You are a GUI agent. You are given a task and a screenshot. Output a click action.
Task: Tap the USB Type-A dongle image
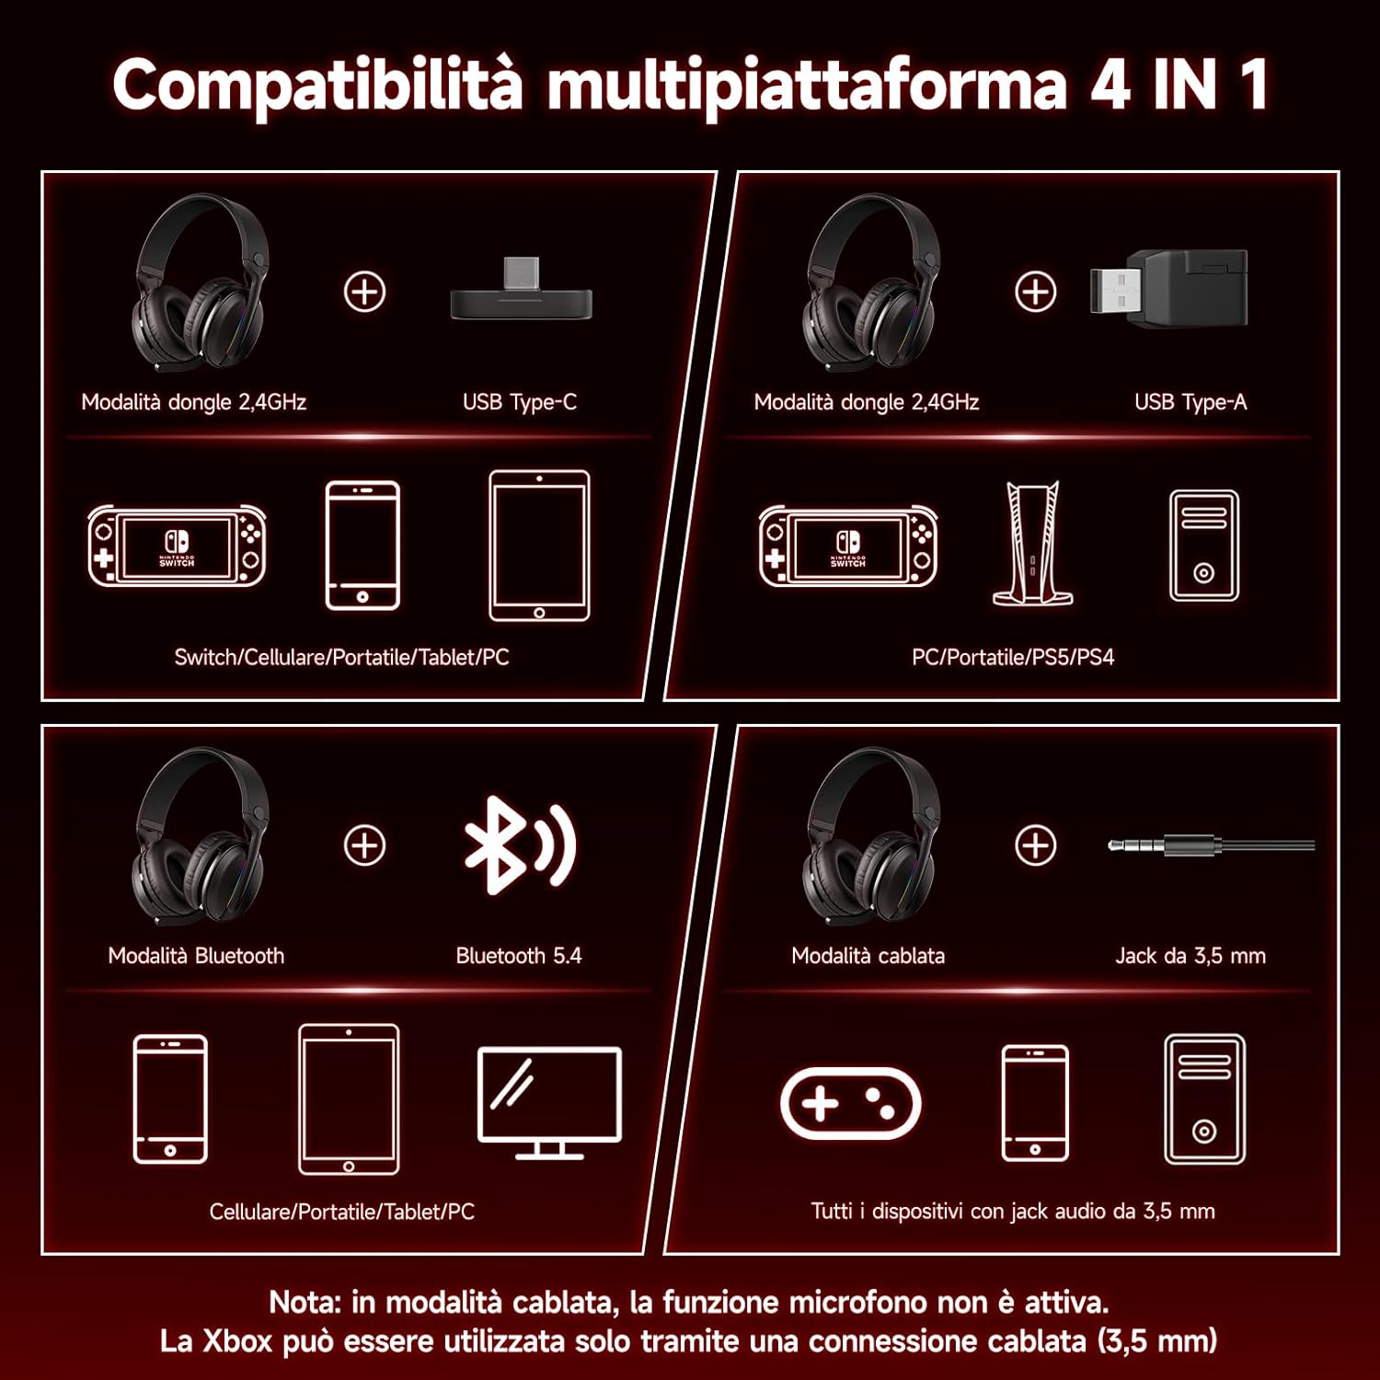coord(1168,286)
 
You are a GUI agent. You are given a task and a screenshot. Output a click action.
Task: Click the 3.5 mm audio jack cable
coord(1212,845)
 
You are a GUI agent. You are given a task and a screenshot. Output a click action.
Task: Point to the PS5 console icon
coord(1032,544)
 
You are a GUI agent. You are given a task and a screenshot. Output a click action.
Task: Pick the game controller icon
coord(850,1103)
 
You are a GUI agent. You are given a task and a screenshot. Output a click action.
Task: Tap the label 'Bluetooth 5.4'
coord(519,956)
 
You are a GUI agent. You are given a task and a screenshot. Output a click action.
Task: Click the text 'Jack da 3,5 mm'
coord(1190,956)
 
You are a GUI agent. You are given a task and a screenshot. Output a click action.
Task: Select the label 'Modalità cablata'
coord(868,956)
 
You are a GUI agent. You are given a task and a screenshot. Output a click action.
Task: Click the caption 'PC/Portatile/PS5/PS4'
coord(1013,657)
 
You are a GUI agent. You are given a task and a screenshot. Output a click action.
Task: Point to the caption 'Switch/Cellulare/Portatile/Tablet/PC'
coord(341,657)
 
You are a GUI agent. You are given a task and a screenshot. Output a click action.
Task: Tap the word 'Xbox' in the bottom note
coord(237,1340)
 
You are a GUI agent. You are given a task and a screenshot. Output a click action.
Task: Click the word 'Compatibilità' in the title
coord(317,85)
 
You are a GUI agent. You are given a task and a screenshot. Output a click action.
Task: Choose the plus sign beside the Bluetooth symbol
coord(364,845)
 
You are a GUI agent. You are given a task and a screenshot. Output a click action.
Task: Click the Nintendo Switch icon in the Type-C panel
coord(177,546)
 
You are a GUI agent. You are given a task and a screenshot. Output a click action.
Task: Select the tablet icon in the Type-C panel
coord(539,546)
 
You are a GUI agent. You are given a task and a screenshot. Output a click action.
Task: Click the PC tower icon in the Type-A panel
coord(1204,546)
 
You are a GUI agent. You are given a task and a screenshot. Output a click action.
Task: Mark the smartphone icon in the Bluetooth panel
coord(170,1099)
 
